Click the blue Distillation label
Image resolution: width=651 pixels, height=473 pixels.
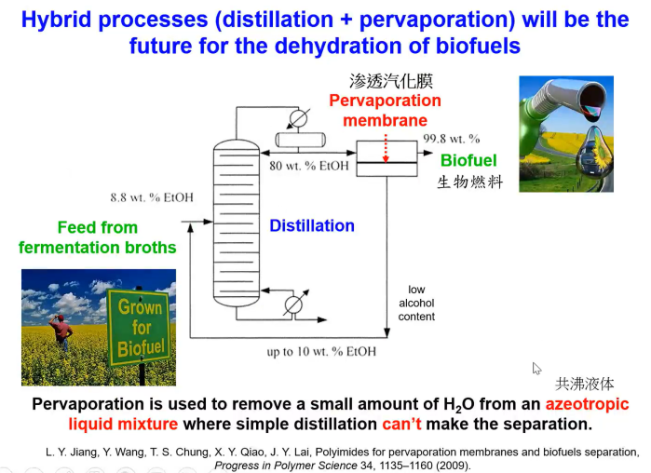pyautogui.click(x=312, y=225)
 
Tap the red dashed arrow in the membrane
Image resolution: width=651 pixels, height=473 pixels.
pyautogui.click(x=386, y=148)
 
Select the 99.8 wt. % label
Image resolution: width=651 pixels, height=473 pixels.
pyautogui.click(x=452, y=139)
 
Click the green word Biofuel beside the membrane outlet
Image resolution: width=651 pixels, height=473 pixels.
pyautogui.click(x=468, y=160)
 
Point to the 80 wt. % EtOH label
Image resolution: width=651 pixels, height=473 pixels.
pyautogui.click(x=309, y=166)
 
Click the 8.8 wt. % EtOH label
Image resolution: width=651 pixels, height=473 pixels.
pyautogui.click(x=152, y=197)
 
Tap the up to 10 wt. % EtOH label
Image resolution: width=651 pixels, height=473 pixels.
pyautogui.click(x=321, y=351)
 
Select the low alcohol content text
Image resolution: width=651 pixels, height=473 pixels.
pyautogui.click(x=416, y=303)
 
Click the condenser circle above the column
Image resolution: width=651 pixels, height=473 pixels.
pyautogui.click(x=298, y=119)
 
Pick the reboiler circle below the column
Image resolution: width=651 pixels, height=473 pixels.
pyautogui.click(x=293, y=305)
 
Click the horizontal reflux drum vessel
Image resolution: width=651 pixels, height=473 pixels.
pyautogui.click(x=301, y=140)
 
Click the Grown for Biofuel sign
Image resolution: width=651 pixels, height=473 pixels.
pyautogui.click(x=139, y=328)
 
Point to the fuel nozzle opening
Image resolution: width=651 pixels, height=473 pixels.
pyautogui.click(x=591, y=100)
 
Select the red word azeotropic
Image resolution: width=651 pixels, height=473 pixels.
pyautogui.click(x=587, y=404)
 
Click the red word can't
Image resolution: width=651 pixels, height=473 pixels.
pyautogui.click(x=401, y=424)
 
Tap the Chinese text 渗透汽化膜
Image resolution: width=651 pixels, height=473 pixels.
pyautogui.click(x=391, y=81)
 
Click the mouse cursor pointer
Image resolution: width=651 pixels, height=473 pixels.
pyautogui.click(x=536, y=368)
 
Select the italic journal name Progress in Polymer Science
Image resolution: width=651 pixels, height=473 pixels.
pyautogui.click(x=286, y=466)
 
